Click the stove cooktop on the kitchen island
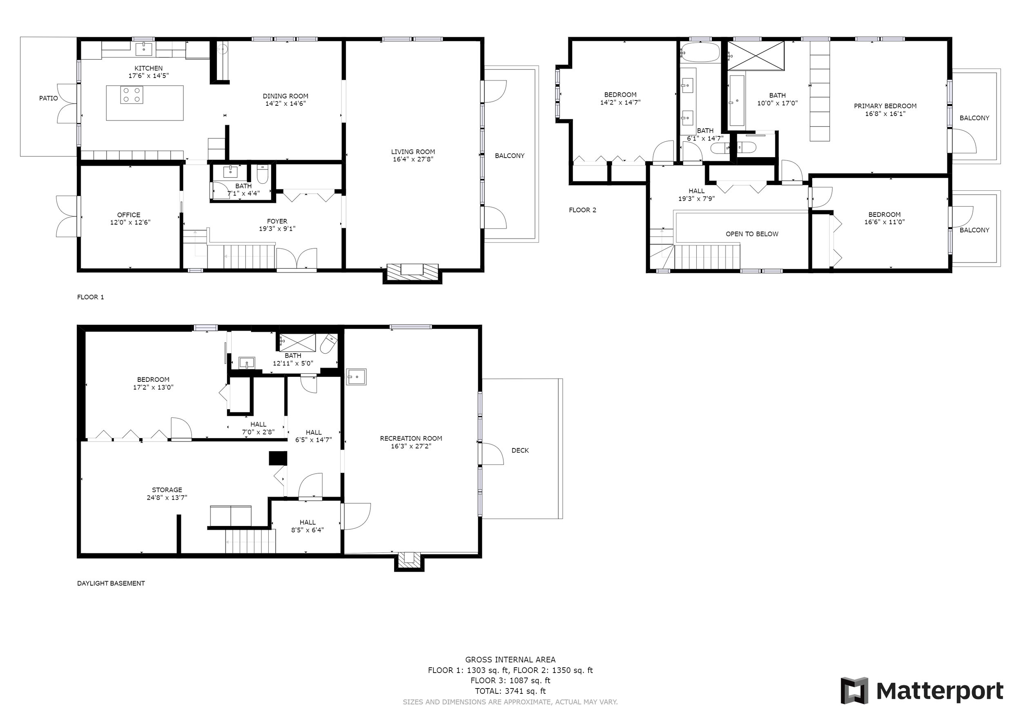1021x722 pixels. click(131, 95)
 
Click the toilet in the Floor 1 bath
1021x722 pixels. click(263, 174)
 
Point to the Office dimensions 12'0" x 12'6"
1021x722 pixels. click(130, 222)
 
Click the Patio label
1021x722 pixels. click(49, 98)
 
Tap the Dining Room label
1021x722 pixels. click(285, 96)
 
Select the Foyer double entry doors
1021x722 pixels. click(296, 259)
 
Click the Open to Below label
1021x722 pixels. click(752, 234)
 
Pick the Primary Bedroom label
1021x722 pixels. click(885, 106)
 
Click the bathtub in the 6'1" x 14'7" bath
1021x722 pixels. click(700, 52)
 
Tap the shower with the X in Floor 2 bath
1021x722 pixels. click(756, 56)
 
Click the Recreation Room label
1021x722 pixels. click(411, 438)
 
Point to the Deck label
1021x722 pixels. click(520, 450)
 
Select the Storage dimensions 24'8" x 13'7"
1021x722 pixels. click(167, 497)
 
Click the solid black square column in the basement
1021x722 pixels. click(277, 458)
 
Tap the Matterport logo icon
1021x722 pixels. click(854, 691)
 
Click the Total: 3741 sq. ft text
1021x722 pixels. click(510, 691)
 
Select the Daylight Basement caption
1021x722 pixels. click(111, 583)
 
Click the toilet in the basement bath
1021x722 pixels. click(329, 344)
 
